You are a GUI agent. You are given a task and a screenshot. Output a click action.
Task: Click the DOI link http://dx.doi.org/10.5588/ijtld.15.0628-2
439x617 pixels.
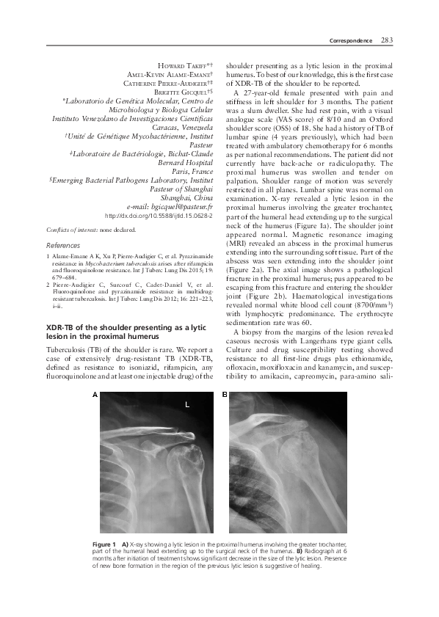[159, 217]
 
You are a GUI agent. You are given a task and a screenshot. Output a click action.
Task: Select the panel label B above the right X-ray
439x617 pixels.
[225, 394]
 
